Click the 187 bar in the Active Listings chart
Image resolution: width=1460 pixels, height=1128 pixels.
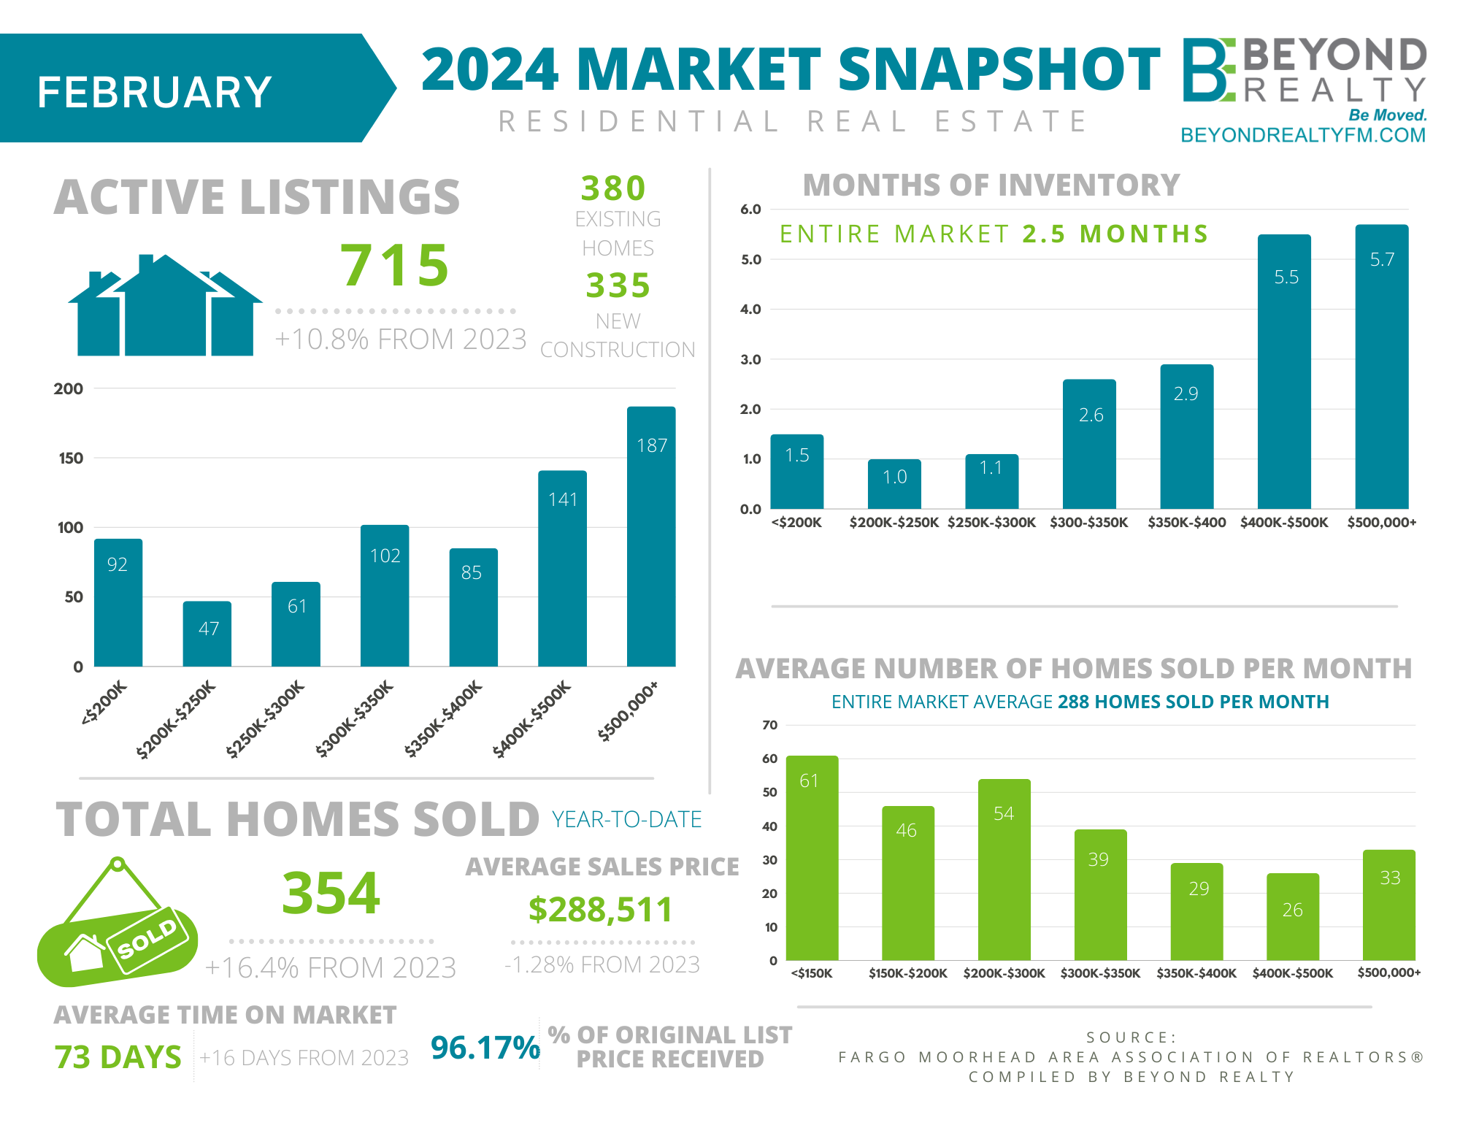coord(651,537)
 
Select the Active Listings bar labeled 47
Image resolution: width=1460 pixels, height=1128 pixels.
coord(207,634)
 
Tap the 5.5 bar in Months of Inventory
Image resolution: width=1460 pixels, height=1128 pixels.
coord(1284,372)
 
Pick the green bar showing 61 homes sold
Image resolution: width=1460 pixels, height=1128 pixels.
coord(812,858)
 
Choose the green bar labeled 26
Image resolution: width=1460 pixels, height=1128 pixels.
coord(1292,916)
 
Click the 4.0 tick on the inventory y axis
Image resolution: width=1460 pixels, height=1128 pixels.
coord(750,310)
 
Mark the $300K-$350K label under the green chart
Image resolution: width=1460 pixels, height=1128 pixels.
coord(1100,973)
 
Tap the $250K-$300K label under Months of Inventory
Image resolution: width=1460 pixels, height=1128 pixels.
coord(991,523)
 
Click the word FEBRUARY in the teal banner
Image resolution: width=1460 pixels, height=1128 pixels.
coord(155,93)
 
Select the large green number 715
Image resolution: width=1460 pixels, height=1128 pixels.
coord(395,265)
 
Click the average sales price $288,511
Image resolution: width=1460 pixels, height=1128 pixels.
coord(600,910)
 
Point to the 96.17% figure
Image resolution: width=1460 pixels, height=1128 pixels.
coord(485,1048)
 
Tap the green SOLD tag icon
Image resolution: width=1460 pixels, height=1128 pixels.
coord(117,935)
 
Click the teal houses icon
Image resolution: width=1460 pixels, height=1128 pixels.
coord(165,307)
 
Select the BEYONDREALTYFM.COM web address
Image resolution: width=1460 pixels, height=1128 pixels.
coord(1302,136)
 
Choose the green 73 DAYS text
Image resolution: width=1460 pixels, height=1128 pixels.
coord(118,1057)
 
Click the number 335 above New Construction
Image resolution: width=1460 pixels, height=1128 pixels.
coord(618,285)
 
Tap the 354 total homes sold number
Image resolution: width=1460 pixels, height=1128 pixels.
coord(331,893)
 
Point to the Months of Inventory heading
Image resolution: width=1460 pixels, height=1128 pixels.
coord(991,185)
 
